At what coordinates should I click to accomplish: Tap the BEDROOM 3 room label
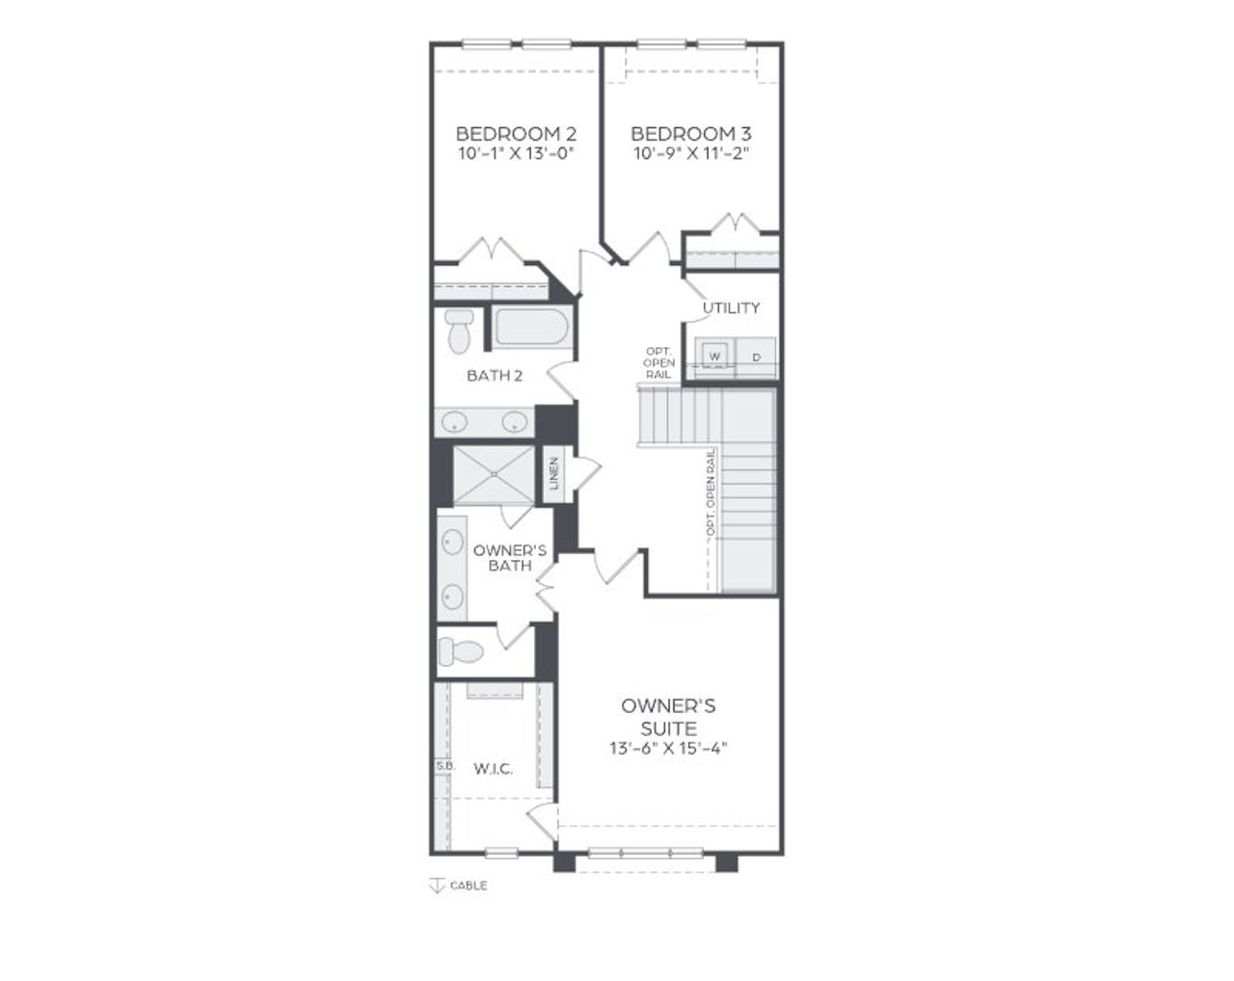coord(691,133)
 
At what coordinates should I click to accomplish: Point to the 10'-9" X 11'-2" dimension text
coord(691,153)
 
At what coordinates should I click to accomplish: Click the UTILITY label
coord(731,307)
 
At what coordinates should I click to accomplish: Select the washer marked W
coord(715,357)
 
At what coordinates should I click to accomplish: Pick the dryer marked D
coord(757,357)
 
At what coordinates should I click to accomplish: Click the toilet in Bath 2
coord(459,330)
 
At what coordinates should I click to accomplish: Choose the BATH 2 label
coord(495,375)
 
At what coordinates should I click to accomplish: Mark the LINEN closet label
coord(554,474)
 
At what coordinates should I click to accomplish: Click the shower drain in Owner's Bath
coord(493,474)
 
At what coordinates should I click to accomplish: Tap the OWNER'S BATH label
coord(510,557)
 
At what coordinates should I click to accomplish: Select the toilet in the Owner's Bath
coord(461,652)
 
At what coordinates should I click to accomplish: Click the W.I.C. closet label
coord(493,768)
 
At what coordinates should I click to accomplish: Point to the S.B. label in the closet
coord(444,766)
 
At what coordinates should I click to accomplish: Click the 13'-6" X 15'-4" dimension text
coord(667,749)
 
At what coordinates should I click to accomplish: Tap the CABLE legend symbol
coord(436,886)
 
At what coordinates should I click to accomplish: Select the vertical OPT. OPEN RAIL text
coord(711,491)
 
